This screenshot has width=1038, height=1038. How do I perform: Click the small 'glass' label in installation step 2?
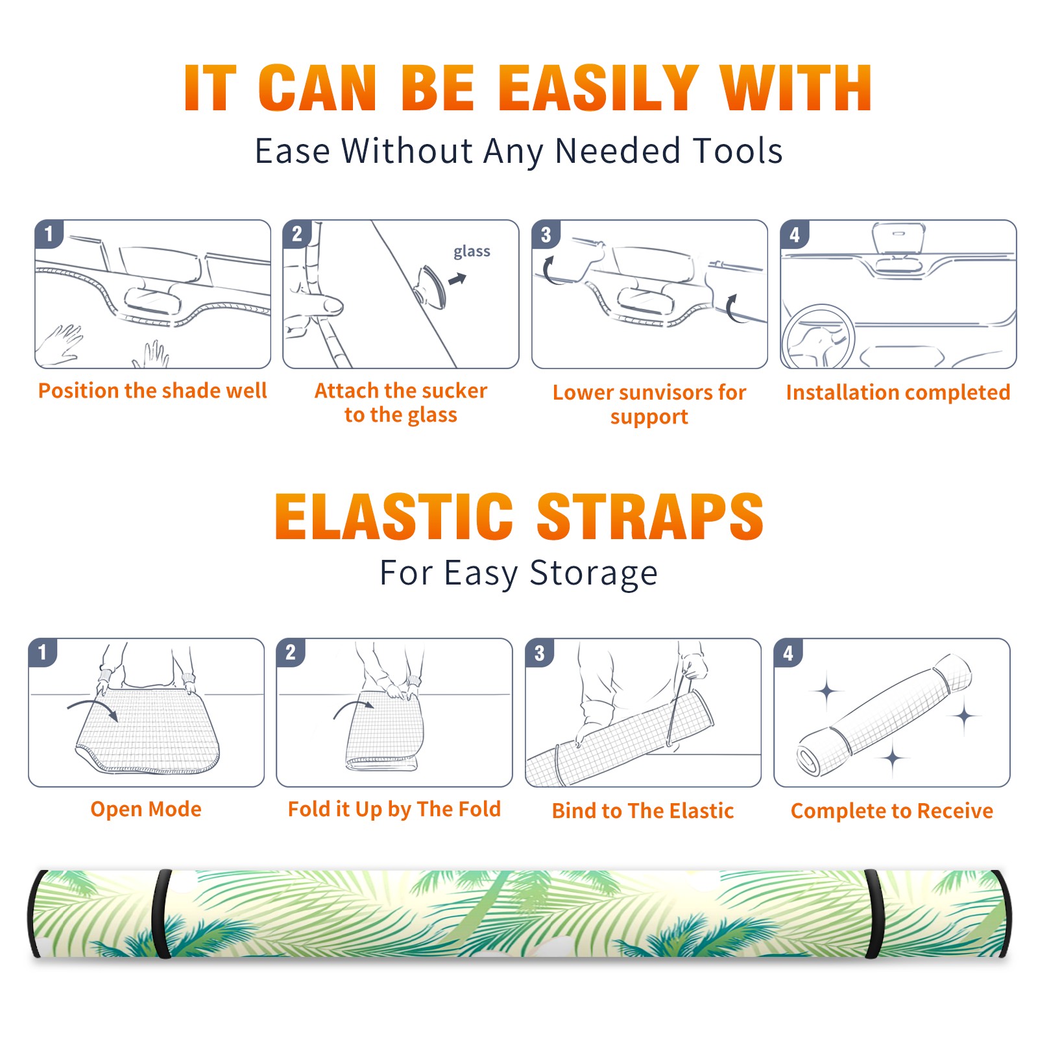click(x=472, y=252)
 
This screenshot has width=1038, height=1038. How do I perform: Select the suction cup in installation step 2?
click(x=431, y=286)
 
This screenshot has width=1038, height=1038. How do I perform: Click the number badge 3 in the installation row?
click(x=546, y=235)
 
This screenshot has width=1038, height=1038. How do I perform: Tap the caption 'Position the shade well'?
click(x=152, y=391)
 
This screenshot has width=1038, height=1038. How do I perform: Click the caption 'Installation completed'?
click(x=898, y=392)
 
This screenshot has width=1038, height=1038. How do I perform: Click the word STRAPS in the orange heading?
click(x=650, y=516)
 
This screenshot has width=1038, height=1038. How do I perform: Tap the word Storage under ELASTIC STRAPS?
click(x=594, y=573)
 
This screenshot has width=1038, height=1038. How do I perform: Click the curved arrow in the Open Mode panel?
click(x=95, y=708)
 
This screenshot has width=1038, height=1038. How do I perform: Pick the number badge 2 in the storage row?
click(x=290, y=653)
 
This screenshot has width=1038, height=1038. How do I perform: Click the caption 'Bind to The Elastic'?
click(x=642, y=811)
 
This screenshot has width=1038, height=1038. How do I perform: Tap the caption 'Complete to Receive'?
click(x=892, y=811)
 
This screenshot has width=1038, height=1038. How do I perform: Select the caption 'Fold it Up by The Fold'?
click(x=394, y=809)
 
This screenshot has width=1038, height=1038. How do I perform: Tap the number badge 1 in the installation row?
click(x=49, y=234)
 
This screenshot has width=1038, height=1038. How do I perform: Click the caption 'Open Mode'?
click(x=146, y=809)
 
